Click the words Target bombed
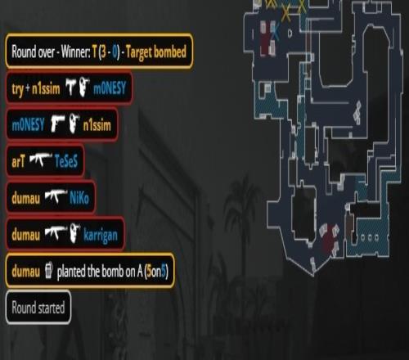(156, 52)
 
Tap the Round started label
(38, 308)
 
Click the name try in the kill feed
(18, 89)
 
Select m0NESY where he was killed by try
(110, 88)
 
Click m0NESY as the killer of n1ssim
(28, 125)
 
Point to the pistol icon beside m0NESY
(57, 124)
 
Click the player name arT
(18, 161)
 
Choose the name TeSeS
(66, 161)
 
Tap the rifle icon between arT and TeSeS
(40, 160)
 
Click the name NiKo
(79, 197)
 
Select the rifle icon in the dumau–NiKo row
(56, 196)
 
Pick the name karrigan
(101, 235)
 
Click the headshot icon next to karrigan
(74, 233)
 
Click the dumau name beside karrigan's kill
(25, 235)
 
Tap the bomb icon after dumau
(48, 270)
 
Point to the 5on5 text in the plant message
(156, 271)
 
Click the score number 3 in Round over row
(103, 52)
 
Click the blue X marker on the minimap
(276, 31)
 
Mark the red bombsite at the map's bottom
(330, 239)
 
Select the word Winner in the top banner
(75, 52)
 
